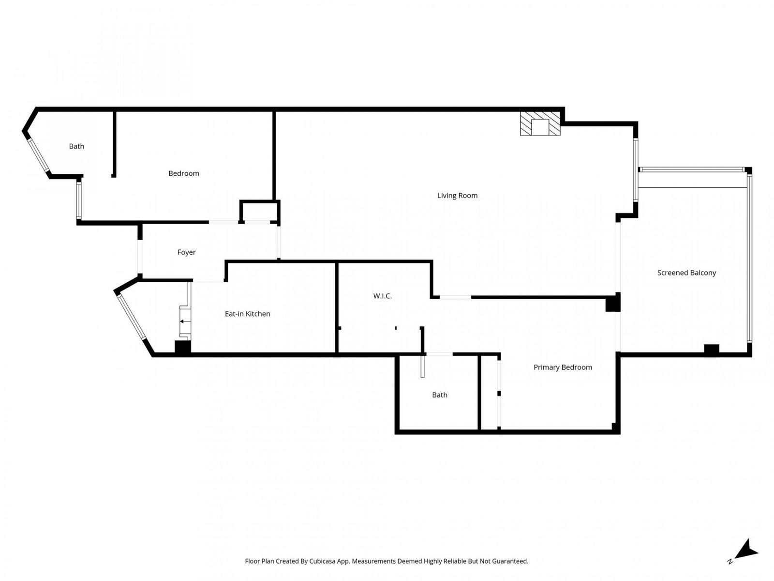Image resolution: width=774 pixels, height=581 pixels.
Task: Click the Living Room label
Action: tap(457, 196)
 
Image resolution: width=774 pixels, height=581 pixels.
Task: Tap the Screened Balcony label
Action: tap(686, 273)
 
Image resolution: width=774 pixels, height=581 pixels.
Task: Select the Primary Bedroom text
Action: tap(563, 367)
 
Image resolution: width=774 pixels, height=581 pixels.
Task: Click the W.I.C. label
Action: tap(382, 296)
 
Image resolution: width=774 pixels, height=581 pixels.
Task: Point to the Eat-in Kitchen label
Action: tap(247, 314)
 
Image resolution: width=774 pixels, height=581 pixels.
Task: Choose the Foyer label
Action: tap(186, 252)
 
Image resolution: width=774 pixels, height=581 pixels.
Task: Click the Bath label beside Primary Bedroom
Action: tap(439, 395)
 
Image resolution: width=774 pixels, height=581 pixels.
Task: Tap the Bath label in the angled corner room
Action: tap(76, 146)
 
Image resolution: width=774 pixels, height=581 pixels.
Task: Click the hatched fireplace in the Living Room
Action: tap(540, 124)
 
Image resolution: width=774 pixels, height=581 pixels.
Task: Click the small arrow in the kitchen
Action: tap(184, 321)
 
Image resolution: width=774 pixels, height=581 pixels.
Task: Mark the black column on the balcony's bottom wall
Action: tap(711, 349)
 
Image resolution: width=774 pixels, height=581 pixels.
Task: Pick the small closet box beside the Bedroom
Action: tap(259, 212)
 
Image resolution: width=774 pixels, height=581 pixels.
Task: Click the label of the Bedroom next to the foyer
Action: tap(183, 173)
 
